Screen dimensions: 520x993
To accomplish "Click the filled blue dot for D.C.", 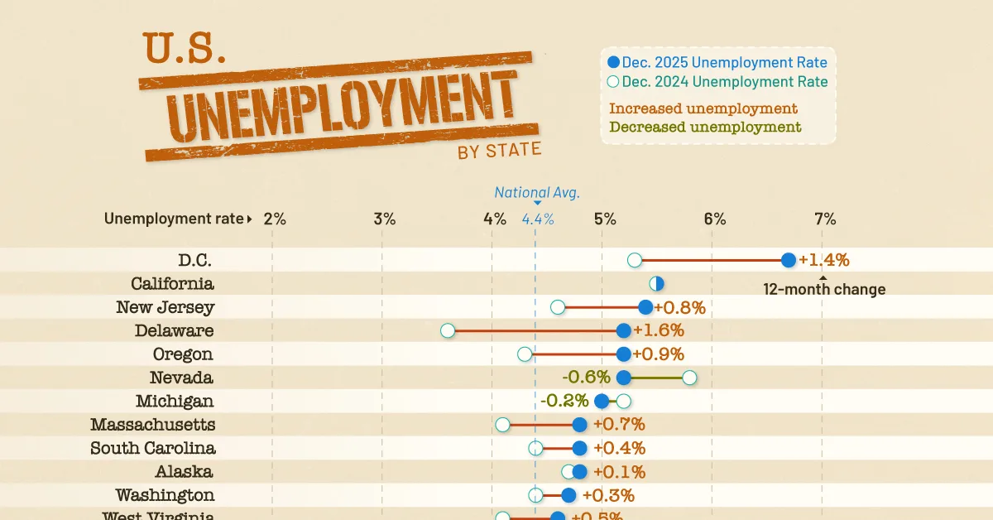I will [788, 260].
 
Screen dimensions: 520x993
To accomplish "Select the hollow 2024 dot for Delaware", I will [448, 331].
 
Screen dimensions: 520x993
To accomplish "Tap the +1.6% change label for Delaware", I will [659, 331].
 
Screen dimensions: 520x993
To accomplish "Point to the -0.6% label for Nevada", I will [588, 378].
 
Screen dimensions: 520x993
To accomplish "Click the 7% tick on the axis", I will [825, 219].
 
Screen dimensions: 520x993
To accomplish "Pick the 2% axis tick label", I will [275, 219].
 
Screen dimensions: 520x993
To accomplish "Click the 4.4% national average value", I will [538, 219].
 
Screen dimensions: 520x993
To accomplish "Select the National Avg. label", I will [537, 193].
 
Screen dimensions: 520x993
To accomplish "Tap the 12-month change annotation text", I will [824, 290].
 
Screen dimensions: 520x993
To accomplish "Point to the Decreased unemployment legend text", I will [705, 128].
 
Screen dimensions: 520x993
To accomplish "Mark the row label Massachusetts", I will [153, 425].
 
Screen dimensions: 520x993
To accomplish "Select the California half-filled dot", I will [656, 284].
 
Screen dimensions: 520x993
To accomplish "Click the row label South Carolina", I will [153, 448].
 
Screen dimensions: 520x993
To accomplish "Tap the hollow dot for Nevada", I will [689, 378].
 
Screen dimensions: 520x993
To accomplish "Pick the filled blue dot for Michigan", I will [602, 402].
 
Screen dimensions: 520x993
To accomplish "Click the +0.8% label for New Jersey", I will [680, 308].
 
